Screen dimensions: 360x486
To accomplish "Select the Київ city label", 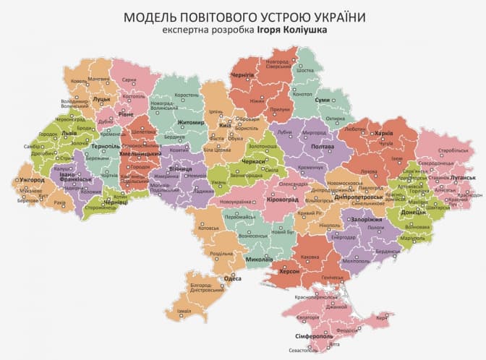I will pyautogui.click(x=225, y=126).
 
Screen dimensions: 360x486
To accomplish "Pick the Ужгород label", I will pyautogui.click(x=32, y=179).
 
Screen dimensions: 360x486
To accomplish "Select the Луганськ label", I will pyautogui.click(x=462, y=177).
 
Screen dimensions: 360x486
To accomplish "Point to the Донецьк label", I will pyautogui.click(x=413, y=213).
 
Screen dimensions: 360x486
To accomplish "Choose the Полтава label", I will pyautogui.click(x=322, y=147).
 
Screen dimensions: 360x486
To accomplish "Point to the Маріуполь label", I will pyautogui.click(x=413, y=238).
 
